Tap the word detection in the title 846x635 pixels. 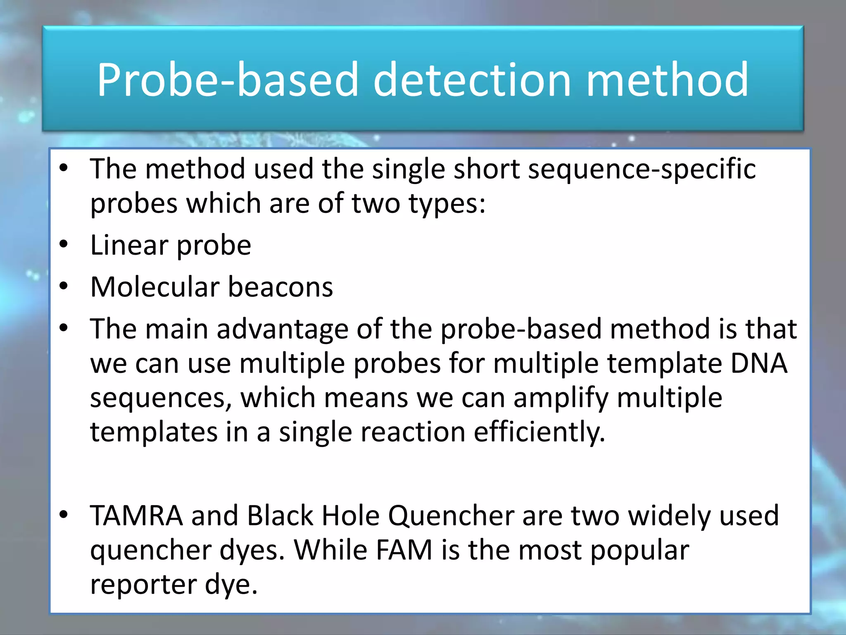(472, 79)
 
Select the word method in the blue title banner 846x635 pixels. (667, 79)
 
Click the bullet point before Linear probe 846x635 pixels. (63, 245)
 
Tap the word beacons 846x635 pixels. (280, 287)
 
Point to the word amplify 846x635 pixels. (561, 398)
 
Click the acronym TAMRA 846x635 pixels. (136, 516)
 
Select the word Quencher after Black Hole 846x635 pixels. (451, 516)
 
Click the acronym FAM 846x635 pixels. (404, 550)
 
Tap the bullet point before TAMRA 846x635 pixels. (63, 515)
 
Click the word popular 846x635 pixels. (639, 551)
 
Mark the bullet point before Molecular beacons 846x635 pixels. (63, 286)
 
